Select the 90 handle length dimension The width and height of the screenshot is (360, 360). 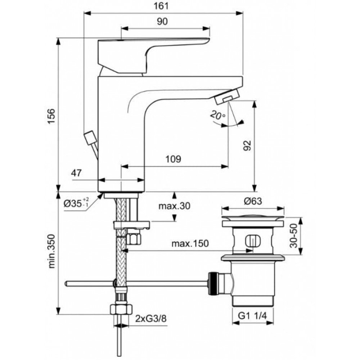pyautogui.click(x=162, y=21)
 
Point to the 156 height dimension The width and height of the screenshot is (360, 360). pyautogui.click(x=51, y=116)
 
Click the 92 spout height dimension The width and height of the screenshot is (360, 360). pyautogui.click(x=247, y=145)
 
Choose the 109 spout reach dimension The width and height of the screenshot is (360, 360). pyautogui.click(x=174, y=159)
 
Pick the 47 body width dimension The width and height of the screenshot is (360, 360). pyautogui.click(x=76, y=173)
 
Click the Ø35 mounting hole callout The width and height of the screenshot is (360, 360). pyautogui.click(x=76, y=203)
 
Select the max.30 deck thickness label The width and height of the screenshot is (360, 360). pyautogui.click(x=175, y=206)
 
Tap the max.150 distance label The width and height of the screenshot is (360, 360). pyautogui.click(x=190, y=243)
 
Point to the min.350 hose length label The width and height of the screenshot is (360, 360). pyautogui.click(x=52, y=251)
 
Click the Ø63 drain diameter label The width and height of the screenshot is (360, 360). pyautogui.click(x=253, y=201)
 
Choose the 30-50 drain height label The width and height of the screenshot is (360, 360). pyautogui.click(x=293, y=236)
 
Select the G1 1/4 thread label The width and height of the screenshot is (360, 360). pyautogui.click(x=252, y=316)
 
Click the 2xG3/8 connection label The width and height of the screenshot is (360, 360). pyautogui.click(x=151, y=319)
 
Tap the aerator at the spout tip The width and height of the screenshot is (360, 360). pyautogui.click(x=227, y=96)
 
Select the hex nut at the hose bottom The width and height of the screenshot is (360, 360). pyautogui.click(x=121, y=310)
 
